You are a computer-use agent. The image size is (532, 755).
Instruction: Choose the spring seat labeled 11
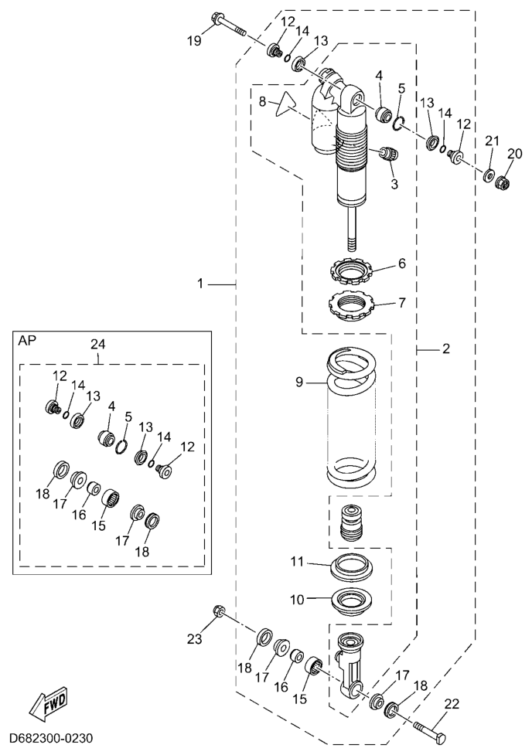pos(355,568)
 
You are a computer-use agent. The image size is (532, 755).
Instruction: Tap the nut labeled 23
pos(218,613)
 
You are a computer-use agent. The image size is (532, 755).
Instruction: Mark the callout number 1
pos(200,284)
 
